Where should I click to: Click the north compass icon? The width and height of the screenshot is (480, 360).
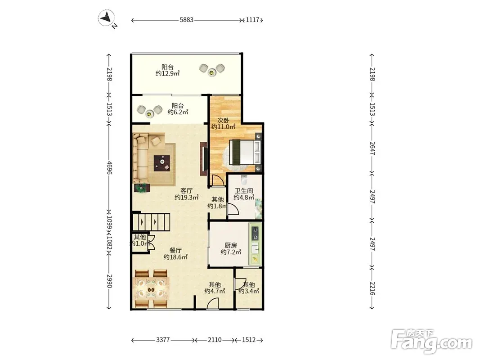click(x=107, y=18)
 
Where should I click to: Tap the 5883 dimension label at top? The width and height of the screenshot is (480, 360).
click(x=186, y=20)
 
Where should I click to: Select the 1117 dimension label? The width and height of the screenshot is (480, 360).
click(x=252, y=20)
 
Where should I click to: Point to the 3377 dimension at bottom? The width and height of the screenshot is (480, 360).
click(x=163, y=340)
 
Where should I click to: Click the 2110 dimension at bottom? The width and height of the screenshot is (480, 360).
click(x=215, y=340)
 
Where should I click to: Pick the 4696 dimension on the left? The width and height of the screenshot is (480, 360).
click(x=109, y=167)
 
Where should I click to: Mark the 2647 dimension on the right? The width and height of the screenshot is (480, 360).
click(x=372, y=148)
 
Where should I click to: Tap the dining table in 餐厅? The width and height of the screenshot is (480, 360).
click(x=151, y=288)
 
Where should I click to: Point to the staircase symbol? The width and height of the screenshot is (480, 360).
click(x=151, y=222)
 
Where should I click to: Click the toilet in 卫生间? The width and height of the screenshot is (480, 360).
click(x=244, y=180)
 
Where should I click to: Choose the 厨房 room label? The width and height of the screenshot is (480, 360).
click(x=230, y=245)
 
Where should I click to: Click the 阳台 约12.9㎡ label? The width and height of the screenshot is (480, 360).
click(x=167, y=70)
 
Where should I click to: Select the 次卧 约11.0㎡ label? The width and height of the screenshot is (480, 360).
click(x=223, y=123)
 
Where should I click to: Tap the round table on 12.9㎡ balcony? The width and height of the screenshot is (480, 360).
click(x=211, y=72)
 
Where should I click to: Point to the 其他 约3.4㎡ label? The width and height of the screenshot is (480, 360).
click(x=249, y=288)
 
